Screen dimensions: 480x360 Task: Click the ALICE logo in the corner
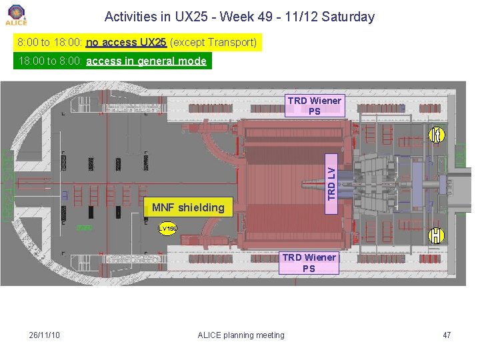tap(16, 14)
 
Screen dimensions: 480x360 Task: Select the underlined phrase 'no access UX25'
tap(126, 43)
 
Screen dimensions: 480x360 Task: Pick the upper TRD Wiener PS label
tap(315, 106)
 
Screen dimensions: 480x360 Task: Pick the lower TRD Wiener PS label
tap(309, 263)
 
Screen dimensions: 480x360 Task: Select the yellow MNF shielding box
tap(189, 207)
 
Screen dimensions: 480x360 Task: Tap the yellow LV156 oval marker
tap(167, 229)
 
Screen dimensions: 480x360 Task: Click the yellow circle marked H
tap(435, 235)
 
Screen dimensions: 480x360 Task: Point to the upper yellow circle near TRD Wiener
tap(435, 134)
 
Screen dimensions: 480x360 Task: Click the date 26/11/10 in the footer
tap(45, 335)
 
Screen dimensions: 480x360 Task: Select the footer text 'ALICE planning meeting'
tap(241, 335)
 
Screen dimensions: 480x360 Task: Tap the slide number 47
tap(447, 335)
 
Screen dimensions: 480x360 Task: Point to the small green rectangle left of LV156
tap(83, 228)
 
